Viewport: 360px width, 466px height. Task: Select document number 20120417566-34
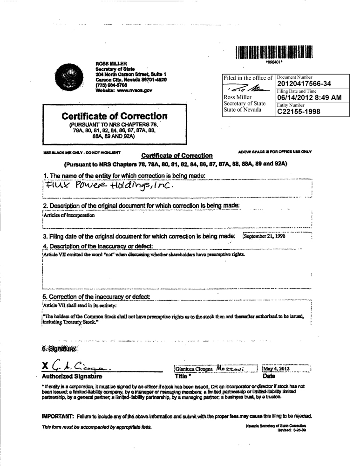(x=304, y=84)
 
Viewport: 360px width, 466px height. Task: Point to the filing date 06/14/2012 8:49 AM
(x=309, y=98)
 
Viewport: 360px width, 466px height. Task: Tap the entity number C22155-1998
(x=298, y=112)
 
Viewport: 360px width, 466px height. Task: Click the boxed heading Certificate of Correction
(x=114, y=116)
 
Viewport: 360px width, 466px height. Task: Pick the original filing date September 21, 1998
(x=265, y=236)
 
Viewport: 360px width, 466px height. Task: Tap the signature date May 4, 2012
(x=277, y=369)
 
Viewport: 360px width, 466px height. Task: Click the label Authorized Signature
(x=72, y=376)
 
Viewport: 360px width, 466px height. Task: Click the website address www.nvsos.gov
(x=134, y=90)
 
